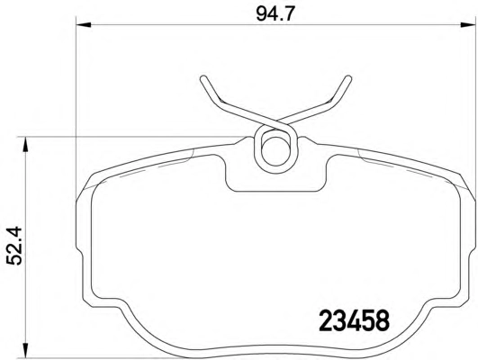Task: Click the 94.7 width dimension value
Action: [x=275, y=14]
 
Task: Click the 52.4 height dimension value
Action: [x=14, y=245]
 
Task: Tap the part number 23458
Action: [x=355, y=320]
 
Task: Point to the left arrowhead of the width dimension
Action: [x=83, y=24]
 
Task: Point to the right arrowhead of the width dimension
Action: [x=468, y=24]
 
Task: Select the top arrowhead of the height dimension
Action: [x=25, y=144]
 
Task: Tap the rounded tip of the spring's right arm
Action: [x=348, y=79]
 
